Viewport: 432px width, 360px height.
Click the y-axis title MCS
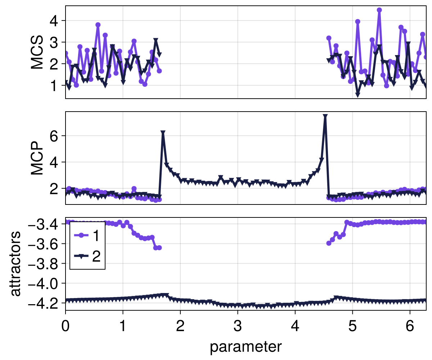(x=37, y=52)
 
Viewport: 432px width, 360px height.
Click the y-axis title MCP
(x=37, y=158)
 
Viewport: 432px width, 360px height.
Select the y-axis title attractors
(x=15, y=264)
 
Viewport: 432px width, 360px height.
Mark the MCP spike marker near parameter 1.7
(x=163, y=133)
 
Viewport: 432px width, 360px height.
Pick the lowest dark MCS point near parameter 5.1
(x=357, y=95)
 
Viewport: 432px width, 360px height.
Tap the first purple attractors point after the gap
(x=329, y=243)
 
